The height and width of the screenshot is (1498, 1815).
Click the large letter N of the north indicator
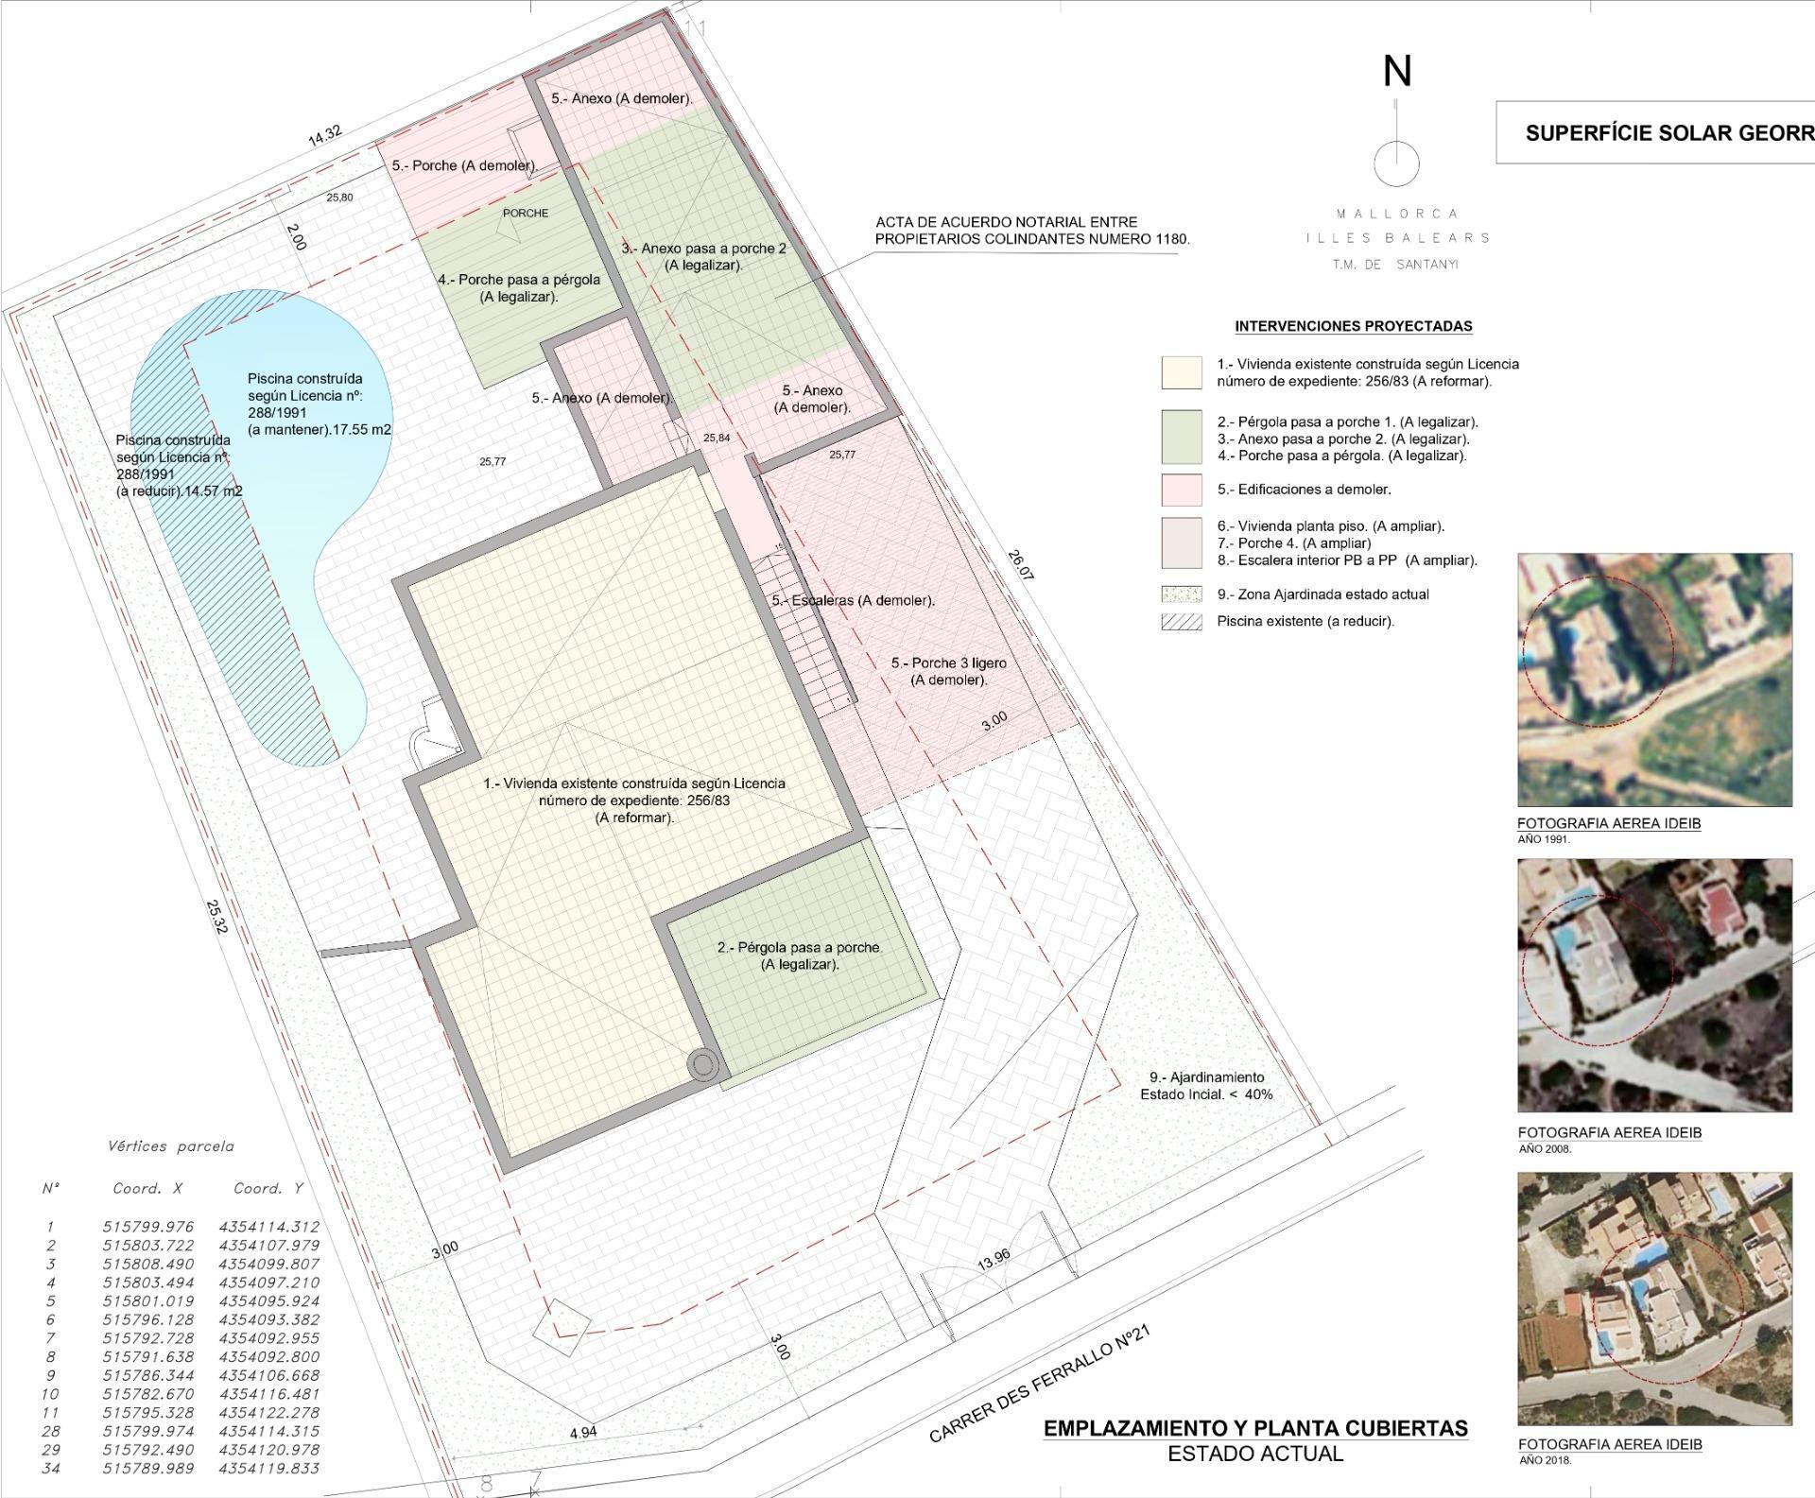(1397, 71)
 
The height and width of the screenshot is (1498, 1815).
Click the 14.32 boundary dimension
(325, 134)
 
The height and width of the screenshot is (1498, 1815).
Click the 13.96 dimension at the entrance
(994, 1258)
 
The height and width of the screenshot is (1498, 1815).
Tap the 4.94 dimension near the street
(583, 1432)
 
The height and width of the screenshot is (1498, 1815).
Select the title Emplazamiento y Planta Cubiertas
(1255, 1428)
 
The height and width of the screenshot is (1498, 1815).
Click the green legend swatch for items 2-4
(1182, 437)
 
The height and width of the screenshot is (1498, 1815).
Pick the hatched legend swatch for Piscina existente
(1182, 622)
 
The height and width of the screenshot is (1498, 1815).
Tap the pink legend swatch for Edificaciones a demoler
(1182, 490)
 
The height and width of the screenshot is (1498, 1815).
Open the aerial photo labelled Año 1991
(1654, 680)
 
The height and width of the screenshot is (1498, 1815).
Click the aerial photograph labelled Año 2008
(1654, 986)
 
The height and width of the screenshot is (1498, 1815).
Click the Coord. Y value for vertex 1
(269, 1227)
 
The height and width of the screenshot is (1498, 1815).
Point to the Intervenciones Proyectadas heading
(1354, 326)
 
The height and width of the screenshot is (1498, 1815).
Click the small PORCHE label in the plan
(526, 214)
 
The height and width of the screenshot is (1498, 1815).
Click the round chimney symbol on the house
(702, 1065)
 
